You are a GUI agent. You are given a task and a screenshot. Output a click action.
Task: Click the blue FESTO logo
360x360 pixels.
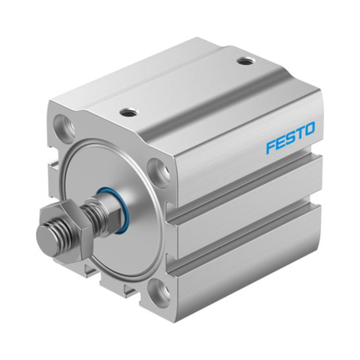click(x=290, y=137)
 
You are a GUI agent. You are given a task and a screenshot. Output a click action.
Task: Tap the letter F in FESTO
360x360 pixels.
click(x=271, y=147)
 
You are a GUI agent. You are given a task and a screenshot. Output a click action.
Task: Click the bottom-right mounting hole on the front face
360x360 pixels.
click(x=159, y=290)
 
